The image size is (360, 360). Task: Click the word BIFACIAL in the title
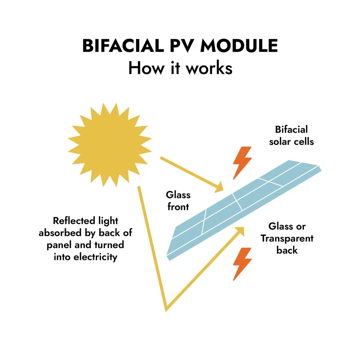123,46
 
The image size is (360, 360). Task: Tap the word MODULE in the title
239,46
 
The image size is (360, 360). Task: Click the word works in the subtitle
209,68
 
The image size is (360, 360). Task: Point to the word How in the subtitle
147,68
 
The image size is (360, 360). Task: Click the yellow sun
110,145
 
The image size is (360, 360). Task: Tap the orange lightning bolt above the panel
242,163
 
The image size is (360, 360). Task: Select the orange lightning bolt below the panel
242,264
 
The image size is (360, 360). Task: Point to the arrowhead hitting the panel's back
240,231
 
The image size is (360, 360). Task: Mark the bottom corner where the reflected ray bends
166,310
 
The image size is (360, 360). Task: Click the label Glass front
178,201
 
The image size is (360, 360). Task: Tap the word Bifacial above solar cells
291,130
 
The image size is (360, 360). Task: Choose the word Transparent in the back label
287,239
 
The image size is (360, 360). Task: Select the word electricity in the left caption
95,257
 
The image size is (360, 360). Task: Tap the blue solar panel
244,210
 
